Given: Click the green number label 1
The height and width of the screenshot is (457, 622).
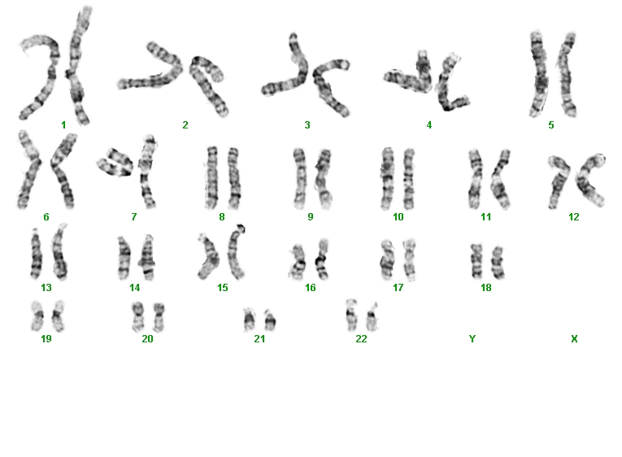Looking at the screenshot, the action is tap(63, 125).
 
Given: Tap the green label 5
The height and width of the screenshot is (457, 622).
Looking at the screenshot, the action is tap(551, 125).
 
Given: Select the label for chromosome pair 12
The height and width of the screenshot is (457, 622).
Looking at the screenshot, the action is tap(573, 217).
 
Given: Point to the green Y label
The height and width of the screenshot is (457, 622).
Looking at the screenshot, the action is tap(472, 339).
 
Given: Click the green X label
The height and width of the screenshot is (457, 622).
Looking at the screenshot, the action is tap(574, 339).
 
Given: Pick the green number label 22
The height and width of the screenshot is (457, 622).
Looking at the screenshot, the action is tap(361, 339).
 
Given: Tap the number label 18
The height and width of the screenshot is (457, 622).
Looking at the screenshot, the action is tap(486, 288).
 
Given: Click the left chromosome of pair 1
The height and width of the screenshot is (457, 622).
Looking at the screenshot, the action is tap(50, 76).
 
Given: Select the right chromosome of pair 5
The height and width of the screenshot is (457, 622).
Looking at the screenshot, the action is tap(567, 76).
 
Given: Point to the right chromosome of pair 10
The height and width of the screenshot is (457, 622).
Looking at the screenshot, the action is tap(409, 180).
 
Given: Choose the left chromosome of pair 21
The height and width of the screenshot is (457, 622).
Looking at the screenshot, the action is tap(249, 320).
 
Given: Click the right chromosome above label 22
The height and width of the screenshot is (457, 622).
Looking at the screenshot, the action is tap(372, 317).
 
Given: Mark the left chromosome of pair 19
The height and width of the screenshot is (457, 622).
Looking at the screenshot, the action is tap(37, 316).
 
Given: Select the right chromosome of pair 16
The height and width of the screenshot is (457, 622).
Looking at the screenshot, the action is tap(322, 259).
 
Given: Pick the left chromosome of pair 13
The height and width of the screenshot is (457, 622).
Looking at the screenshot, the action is tap(36, 254).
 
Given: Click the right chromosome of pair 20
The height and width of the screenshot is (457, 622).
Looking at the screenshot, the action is tap(159, 317).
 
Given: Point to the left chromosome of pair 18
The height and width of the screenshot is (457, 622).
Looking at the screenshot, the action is tap(476, 261).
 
